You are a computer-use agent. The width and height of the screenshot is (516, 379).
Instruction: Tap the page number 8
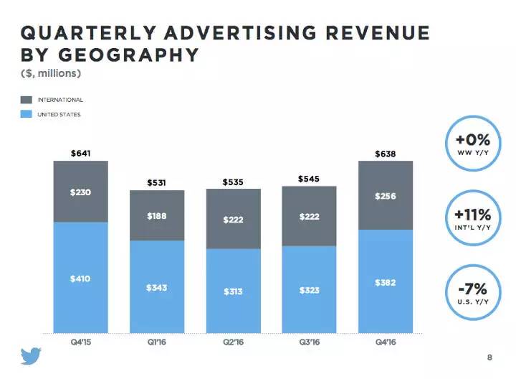tap(490, 357)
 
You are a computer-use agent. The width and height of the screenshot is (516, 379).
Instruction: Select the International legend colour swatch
tap(27, 100)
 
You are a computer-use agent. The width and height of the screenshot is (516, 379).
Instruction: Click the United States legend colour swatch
tap(27, 114)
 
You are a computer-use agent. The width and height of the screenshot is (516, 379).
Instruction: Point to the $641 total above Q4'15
tap(80, 153)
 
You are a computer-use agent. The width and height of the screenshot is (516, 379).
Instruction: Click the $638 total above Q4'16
tap(386, 154)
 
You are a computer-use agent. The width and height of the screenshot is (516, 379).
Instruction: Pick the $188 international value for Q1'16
tap(156, 215)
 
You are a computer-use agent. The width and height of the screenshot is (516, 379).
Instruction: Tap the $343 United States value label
tap(156, 288)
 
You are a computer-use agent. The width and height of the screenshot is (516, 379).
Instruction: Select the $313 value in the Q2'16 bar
tap(233, 291)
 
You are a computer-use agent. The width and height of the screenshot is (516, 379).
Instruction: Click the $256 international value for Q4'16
tap(386, 196)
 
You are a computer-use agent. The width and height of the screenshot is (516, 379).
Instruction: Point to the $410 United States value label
tap(80, 279)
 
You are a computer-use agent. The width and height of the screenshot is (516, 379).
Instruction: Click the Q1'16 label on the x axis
tap(156, 342)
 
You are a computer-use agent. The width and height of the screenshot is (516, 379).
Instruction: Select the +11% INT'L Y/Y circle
tap(472, 217)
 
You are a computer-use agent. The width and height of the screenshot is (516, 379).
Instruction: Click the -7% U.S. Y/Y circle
tap(472, 292)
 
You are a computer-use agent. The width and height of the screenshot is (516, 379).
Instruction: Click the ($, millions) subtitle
tap(50, 73)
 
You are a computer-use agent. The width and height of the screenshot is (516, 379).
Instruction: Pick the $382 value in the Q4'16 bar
tap(386, 283)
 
